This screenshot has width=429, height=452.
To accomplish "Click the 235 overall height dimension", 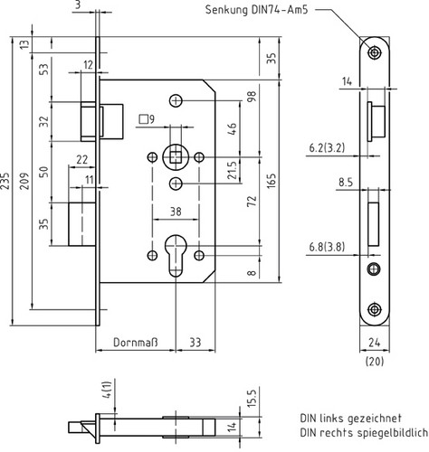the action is pos(5,181).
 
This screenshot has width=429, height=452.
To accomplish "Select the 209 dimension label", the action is pos(24,181).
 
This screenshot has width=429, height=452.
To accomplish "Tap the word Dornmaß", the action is pos(136,343).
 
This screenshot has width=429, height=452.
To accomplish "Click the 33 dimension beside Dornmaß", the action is pos(195,343).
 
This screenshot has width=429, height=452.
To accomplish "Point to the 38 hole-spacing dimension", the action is pos(176,212).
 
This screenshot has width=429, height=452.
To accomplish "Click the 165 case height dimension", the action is pos(272,181).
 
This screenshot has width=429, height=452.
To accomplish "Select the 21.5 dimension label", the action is pos(232,170).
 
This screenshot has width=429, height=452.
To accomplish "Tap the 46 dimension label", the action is pos(232,128).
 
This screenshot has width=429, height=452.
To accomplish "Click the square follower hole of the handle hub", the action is pos(176,157).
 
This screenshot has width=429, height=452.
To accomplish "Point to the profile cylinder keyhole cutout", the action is pos(176,256).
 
